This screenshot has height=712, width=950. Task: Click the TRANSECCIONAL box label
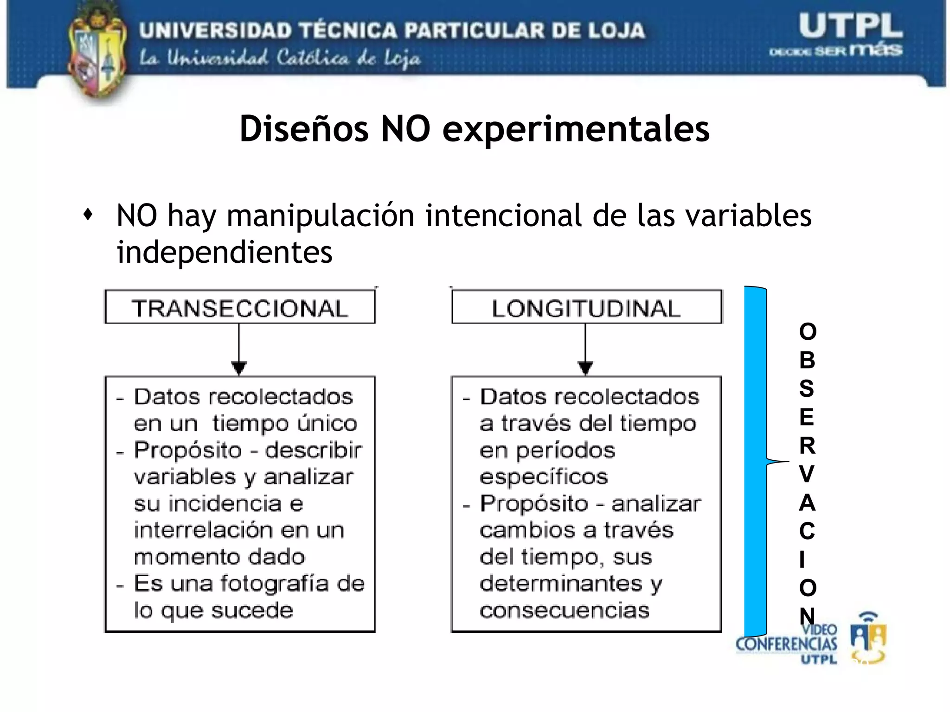240,308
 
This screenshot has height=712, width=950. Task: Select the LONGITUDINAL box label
586,308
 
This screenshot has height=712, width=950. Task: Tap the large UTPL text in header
850,26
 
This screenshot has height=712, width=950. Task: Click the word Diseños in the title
304,129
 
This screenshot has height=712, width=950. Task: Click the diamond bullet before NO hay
88,215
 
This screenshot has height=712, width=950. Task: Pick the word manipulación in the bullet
321,216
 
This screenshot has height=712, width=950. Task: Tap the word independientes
225,252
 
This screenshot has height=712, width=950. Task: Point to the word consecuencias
565,610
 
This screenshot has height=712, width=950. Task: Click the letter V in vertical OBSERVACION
807,474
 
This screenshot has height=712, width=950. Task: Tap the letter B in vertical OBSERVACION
807,360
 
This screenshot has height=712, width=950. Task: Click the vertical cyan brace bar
755,461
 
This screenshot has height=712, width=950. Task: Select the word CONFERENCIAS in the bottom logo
786,644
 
